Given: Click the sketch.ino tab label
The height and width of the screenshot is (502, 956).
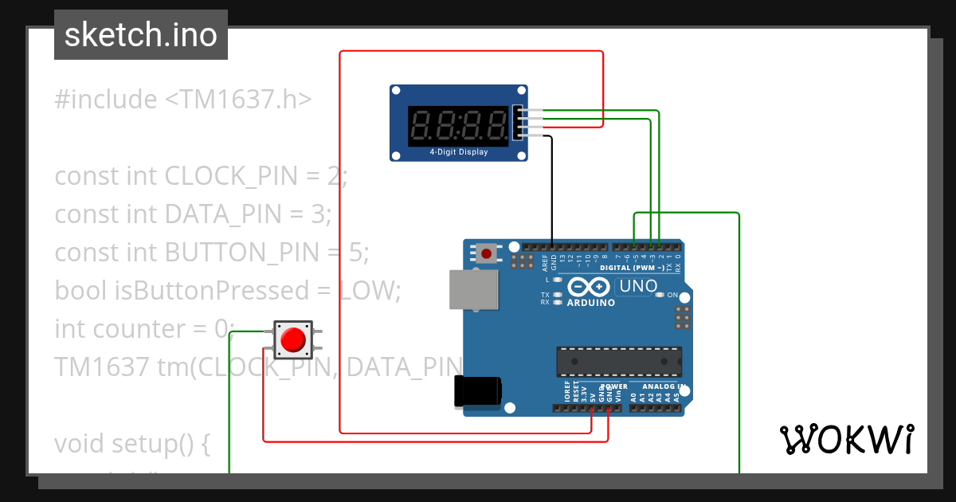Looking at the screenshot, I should click(x=141, y=35).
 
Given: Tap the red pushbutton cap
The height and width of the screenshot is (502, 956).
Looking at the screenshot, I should click(x=293, y=340).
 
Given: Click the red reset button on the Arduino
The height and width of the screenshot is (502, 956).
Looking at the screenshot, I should click(x=486, y=253).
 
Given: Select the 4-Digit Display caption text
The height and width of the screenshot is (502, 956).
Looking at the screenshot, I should click(x=458, y=151).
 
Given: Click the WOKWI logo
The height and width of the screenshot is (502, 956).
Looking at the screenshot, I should click(x=846, y=439).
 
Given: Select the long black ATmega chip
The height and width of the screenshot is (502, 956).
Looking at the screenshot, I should click(x=619, y=360).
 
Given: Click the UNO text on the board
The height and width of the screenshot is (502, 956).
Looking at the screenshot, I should click(x=638, y=285).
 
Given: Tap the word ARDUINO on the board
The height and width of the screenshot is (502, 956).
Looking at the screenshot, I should click(x=590, y=303).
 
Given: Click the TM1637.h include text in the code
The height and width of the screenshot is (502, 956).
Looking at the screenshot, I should click(x=238, y=100).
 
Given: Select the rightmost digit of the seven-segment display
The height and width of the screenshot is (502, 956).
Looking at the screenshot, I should click(x=497, y=124).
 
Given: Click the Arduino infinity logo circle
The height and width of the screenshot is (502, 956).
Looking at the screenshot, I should click(x=590, y=288).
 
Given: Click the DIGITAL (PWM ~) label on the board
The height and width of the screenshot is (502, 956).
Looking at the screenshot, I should click(x=632, y=268).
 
